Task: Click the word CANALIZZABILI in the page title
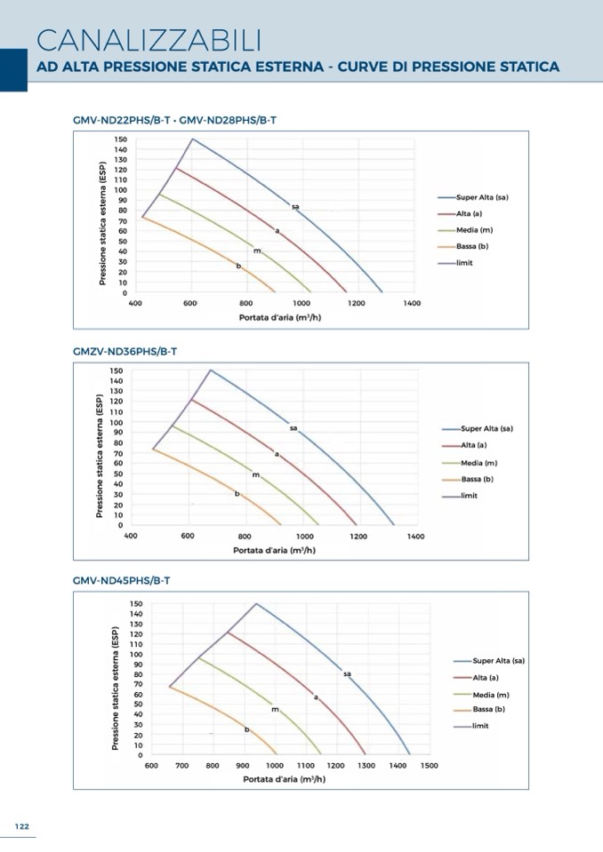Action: [x=149, y=39]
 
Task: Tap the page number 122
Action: [x=22, y=826]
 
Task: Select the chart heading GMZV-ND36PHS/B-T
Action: [x=125, y=352]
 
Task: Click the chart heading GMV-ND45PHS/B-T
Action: [x=121, y=580]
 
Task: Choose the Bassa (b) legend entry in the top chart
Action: [x=472, y=246]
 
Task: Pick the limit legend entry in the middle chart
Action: [x=470, y=495]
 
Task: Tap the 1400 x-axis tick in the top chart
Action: [x=411, y=304]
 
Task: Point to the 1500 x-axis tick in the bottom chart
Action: [x=429, y=765]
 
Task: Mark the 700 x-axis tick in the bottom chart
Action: [x=181, y=765]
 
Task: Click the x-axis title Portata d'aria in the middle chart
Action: [x=274, y=550]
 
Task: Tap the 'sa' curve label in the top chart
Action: [x=295, y=207]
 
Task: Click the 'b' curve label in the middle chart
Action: [x=237, y=493]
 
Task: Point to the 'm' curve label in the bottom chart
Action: [x=275, y=710]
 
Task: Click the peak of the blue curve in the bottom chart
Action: [x=257, y=603]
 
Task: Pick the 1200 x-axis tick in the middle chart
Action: [x=358, y=537]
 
